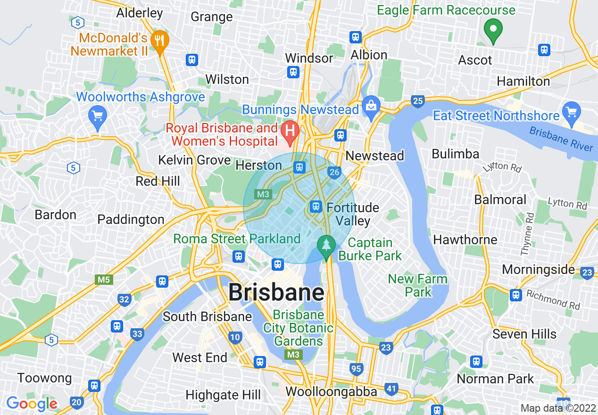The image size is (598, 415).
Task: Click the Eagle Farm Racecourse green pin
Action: coord(493,29)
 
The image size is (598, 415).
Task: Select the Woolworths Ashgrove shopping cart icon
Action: coord(98,115)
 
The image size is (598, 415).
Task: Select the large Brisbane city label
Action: coord(276,292)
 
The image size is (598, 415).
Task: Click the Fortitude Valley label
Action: coord(353,214)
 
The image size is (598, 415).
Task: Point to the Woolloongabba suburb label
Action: coord(331,391)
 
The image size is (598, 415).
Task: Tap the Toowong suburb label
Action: coord(45,378)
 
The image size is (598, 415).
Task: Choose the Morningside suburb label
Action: coord(538,270)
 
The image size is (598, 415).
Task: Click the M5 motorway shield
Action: coord(104,280)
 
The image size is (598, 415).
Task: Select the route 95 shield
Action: coord(357,369)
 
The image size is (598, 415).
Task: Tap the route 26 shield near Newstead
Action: coord(334,173)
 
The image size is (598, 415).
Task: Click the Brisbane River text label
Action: coord(561,139)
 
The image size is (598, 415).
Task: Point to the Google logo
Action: coord(32,404)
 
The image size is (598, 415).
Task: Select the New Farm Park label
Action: coord(417,285)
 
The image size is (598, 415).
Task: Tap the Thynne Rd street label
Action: coord(527,234)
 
